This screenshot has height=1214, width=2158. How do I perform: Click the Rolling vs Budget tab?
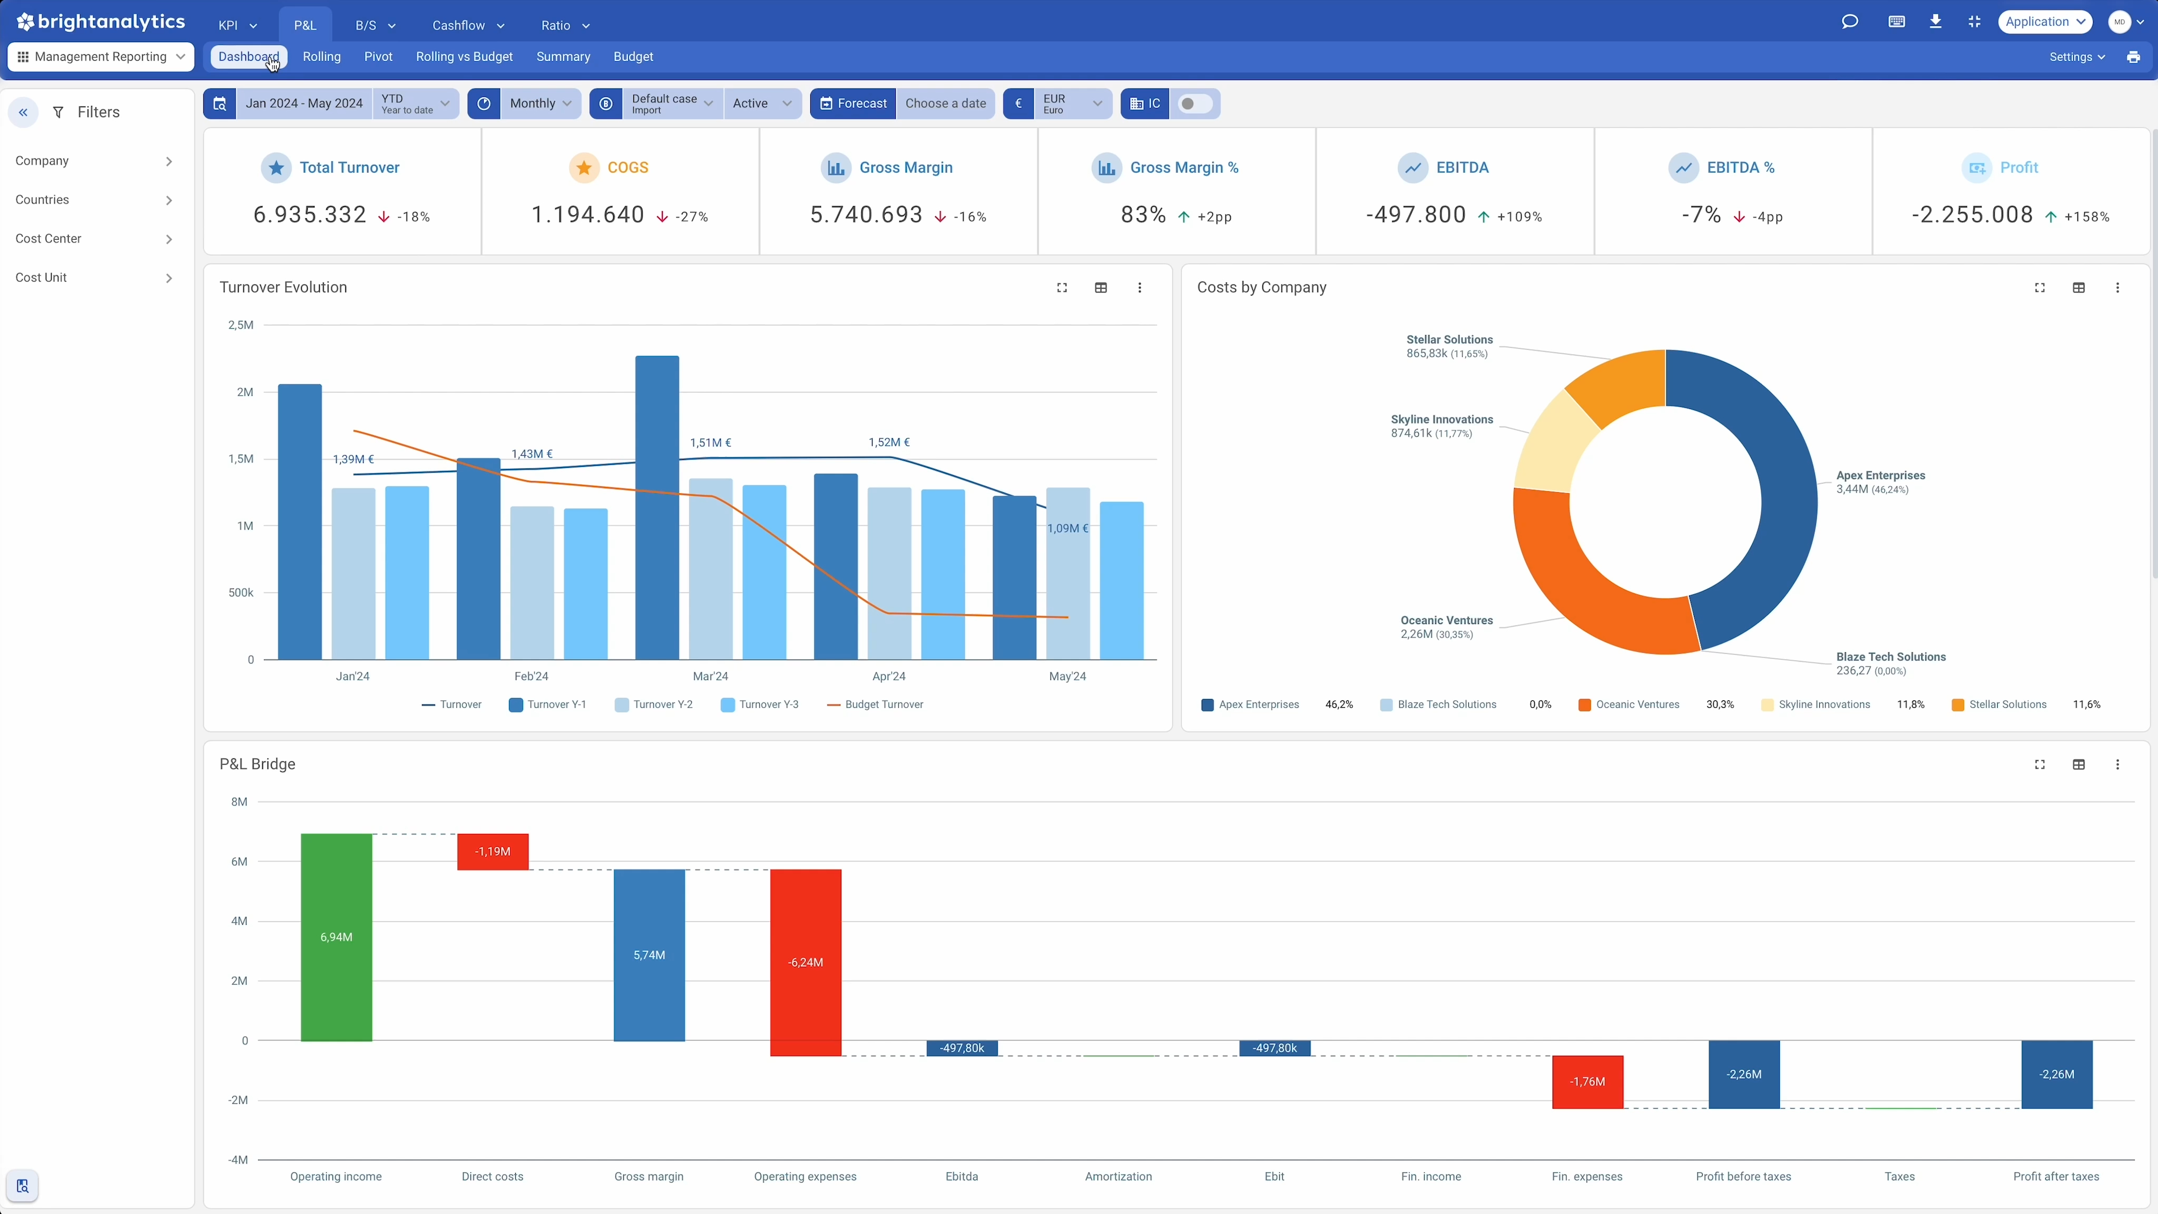coord(464,57)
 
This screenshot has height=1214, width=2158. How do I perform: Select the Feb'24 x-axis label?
coord(531,676)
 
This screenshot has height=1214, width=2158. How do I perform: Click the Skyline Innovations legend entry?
coord(1823,704)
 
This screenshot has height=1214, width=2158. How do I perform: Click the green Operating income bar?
coord(336,937)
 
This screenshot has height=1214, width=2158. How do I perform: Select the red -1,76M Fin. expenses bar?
coord(1587,1082)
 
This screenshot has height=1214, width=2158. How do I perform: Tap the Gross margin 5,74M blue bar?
coord(649,955)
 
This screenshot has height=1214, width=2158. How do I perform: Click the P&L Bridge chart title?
coord(257,764)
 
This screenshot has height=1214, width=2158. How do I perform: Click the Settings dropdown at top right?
coord(2076,57)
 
